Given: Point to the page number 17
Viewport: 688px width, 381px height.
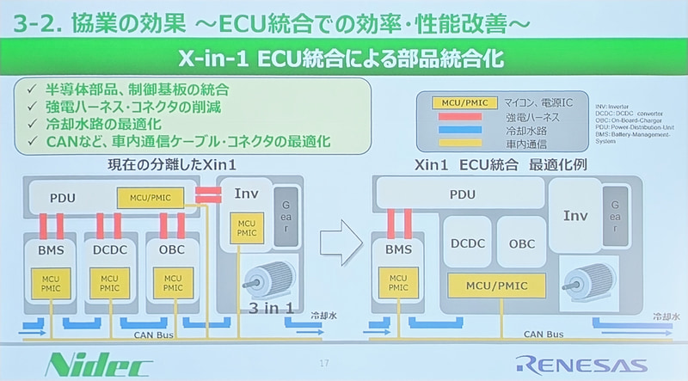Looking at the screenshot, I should point(324,362).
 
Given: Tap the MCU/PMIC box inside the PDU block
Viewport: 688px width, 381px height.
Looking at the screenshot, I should point(151,198).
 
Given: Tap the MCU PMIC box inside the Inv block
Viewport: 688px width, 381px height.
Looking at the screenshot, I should point(242,229).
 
